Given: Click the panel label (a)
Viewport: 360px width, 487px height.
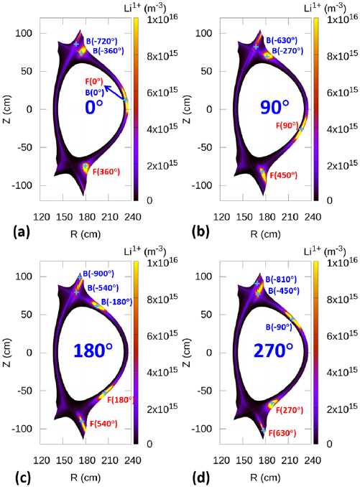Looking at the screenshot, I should [13, 231].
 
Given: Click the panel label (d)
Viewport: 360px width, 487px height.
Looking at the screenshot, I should [194, 475].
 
